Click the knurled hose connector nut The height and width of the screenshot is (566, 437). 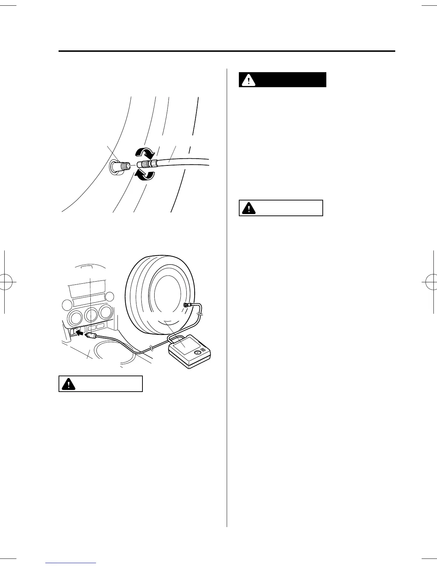(x=148, y=164)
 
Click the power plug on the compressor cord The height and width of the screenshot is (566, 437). (x=92, y=336)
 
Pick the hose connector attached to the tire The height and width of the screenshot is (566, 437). (x=187, y=304)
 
